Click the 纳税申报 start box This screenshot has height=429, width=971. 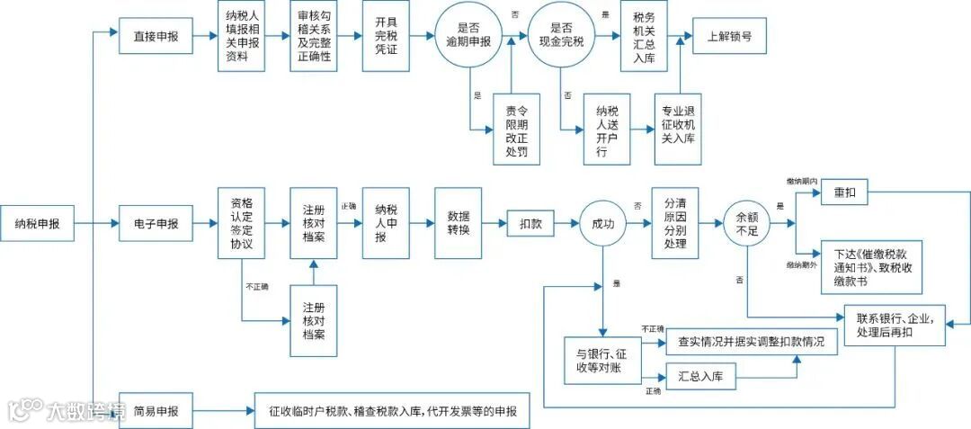click(37, 222)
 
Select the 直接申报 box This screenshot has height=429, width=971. click(156, 37)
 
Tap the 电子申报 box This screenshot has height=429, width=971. click(156, 222)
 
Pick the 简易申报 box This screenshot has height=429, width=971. click(156, 411)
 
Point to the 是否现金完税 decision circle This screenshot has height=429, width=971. click(563, 36)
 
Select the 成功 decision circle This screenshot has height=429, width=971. click(602, 222)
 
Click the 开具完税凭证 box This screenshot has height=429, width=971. click(386, 36)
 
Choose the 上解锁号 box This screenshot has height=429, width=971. click(729, 37)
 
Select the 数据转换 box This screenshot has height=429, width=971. click(459, 222)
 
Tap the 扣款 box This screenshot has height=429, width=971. click(530, 222)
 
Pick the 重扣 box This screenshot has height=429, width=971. click(844, 193)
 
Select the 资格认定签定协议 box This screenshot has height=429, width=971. click(242, 222)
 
